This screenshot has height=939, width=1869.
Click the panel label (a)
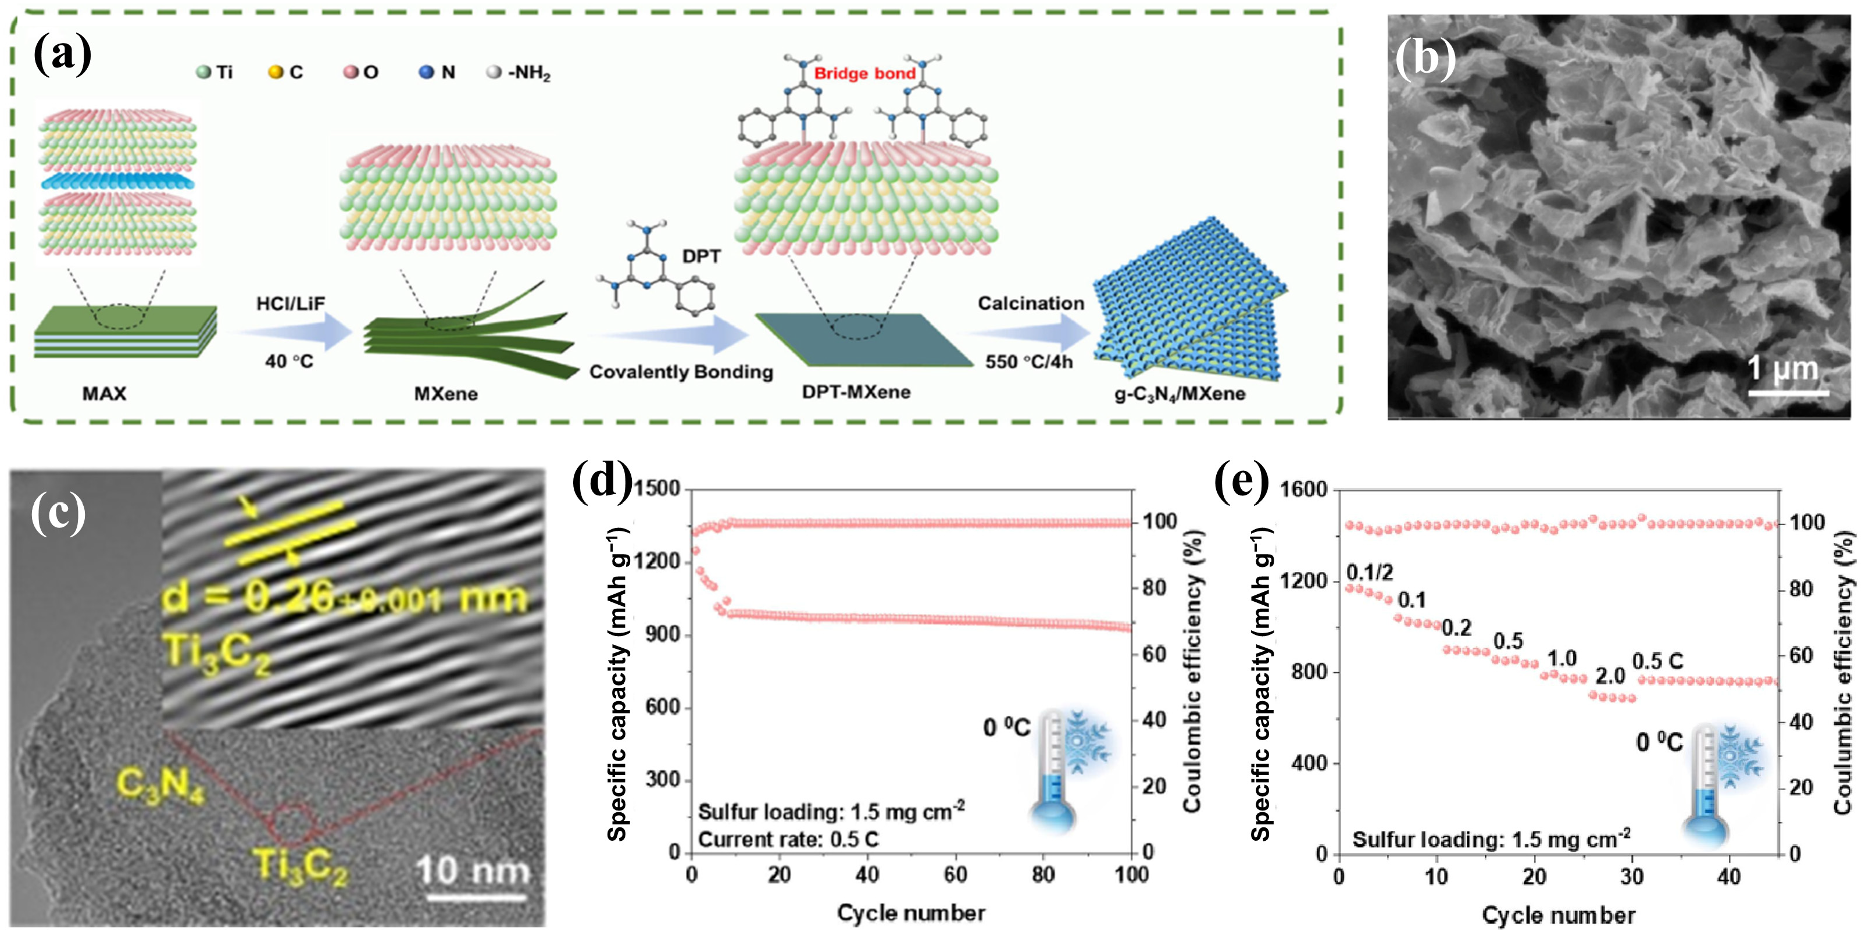(62, 55)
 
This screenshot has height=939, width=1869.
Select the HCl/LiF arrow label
(290, 304)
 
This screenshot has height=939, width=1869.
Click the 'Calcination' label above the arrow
(1030, 304)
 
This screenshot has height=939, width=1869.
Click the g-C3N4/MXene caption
(1180, 394)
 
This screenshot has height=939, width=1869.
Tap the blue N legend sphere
(426, 73)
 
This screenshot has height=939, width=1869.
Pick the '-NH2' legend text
(529, 73)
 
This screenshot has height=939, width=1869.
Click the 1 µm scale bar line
(1788, 393)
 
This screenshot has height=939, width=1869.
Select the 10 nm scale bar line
(475, 898)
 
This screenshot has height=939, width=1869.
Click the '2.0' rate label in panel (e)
(1609, 676)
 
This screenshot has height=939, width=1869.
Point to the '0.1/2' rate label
(1370, 573)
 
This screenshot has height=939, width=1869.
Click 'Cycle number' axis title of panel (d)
(910, 913)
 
